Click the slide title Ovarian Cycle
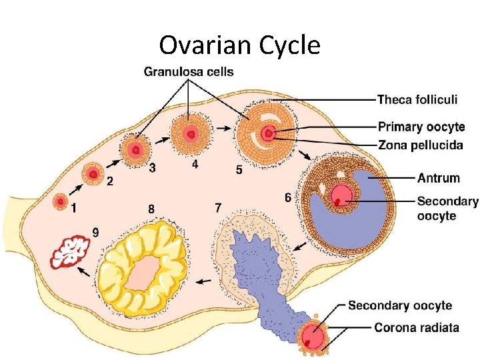click(x=240, y=45)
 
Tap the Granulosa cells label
click(x=189, y=71)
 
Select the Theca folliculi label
click(x=417, y=99)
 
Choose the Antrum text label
click(x=438, y=177)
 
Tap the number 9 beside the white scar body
click(x=96, y=232)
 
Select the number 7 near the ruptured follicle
click(x=218, y=207)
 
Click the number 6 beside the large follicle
click(x=287, y=197)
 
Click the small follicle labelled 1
click(x=61, y=199)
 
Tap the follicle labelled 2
click(x=93, y=175)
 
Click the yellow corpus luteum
click(x=141, y=268)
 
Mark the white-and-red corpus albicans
click(x=71, y=252)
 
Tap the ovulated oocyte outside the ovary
click(x=312, y=337)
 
